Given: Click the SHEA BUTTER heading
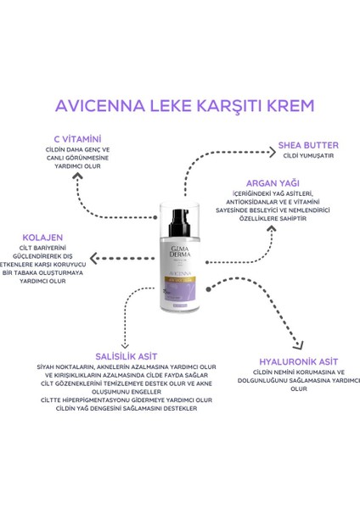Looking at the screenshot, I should click(307, 145).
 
